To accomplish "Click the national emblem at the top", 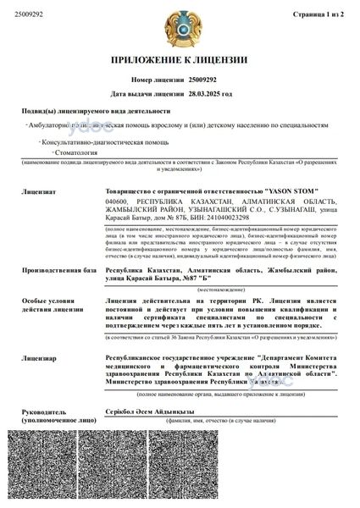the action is [180, 27].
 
